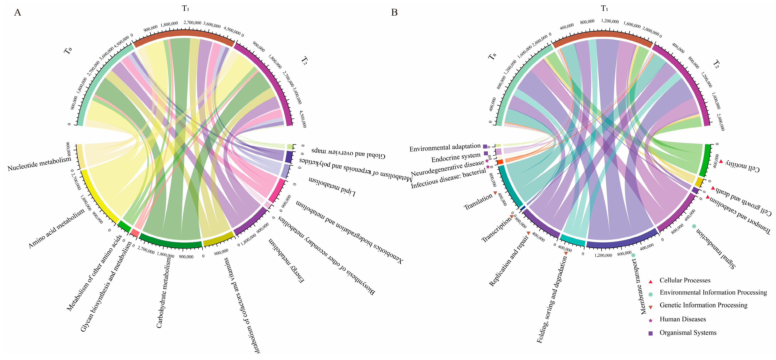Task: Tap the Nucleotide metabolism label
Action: coord(39,164)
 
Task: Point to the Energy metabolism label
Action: coord(286,261)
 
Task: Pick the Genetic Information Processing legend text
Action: coord(703,305)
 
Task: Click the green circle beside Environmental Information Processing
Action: coord(650,294)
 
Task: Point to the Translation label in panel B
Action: coord(478,202)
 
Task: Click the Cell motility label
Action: coord(742,165)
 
